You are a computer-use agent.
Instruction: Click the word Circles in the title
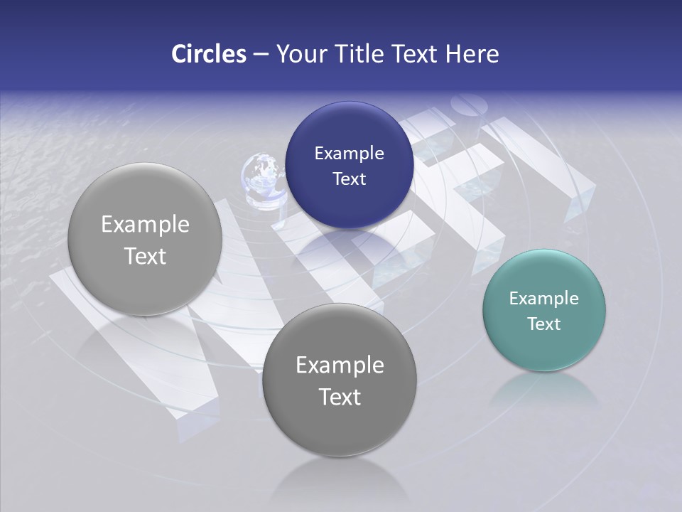pos(208,54)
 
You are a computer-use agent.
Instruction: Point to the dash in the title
pos(261,55)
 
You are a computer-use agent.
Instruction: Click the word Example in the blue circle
pos(349,154)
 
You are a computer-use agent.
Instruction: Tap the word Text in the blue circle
pos(349,178)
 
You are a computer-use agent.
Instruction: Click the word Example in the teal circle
pos(544,299)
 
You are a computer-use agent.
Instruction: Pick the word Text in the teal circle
pos(544,324)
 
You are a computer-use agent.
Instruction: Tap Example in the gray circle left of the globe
pos(145,225)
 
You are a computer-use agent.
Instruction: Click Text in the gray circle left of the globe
pos(145,256)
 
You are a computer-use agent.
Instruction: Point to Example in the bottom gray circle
pos(340,366)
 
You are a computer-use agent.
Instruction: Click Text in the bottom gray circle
pos(340,397)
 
